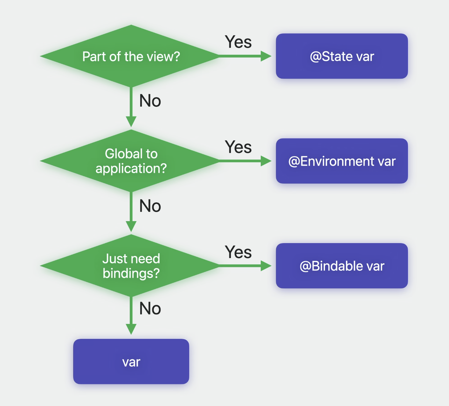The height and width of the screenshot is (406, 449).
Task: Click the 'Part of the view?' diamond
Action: pyautogui.click(x=131, y=56)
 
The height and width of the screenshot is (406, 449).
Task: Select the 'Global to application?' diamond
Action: pyautogui.click(x=131, y=161)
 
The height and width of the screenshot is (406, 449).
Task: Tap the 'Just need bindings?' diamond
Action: pyautogui.click(x=131, y=266)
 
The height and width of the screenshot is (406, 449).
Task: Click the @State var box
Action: pyautogui.click(x=342, y=56)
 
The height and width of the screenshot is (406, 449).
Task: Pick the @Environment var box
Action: pyautogui.click(x=342, y=161)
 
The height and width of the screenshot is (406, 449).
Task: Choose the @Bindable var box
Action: pyautogui.click(x=342, y=266)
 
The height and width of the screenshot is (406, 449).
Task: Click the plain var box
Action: pyautogui.click(x=131, y=361)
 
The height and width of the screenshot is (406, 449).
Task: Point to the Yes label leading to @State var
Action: pyautogui.click(x=238, y=42)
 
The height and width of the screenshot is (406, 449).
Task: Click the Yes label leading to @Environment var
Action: pyautogui.click(x=238, y=147)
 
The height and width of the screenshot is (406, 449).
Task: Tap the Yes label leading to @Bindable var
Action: pyautogui.click(x=238, y=252)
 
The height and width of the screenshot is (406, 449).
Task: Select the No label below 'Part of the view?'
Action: pyautogui.click(x=150, y=101)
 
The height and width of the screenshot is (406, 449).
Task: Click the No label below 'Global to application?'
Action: pyautogui.click(x=150, y=206)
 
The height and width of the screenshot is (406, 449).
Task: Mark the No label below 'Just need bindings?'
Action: pyautogui.click(x=150, y=309)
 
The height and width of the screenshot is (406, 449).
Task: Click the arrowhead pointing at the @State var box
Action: pyautogui.click(x=266, y=56)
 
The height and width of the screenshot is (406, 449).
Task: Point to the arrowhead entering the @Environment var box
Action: pyautogui.click(x=266, y=161)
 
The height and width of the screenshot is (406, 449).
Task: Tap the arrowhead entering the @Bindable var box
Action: pyautogui.click(x=266, y=266)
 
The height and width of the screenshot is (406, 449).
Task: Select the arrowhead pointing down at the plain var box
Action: pyautogui.click(x=131, y=329)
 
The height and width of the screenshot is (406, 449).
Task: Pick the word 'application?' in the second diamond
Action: pyautogui.click(x=131, y=169)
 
